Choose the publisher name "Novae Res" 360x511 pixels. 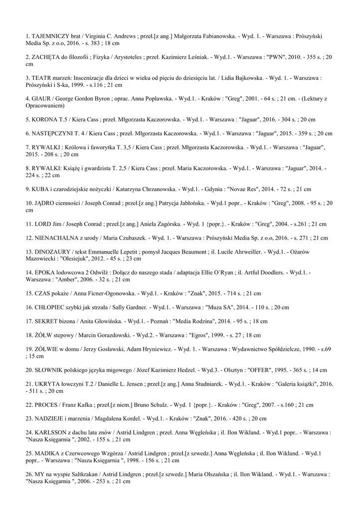232,189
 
